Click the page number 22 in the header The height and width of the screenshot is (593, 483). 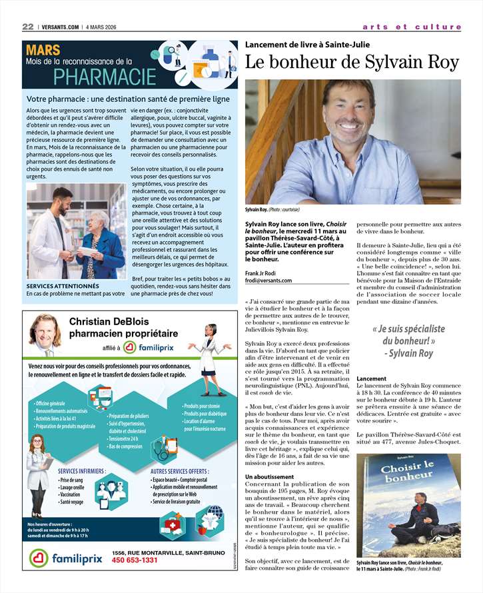[x=28, y=27]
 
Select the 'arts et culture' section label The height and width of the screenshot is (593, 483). [x=411, y=27]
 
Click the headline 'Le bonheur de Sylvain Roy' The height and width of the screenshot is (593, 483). [x=352, y=62]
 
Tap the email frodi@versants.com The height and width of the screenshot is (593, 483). [x=268, y=281]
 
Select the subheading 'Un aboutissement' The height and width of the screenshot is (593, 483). [x=269, y=477]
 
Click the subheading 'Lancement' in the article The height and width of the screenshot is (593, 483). [x=371, y=378]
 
